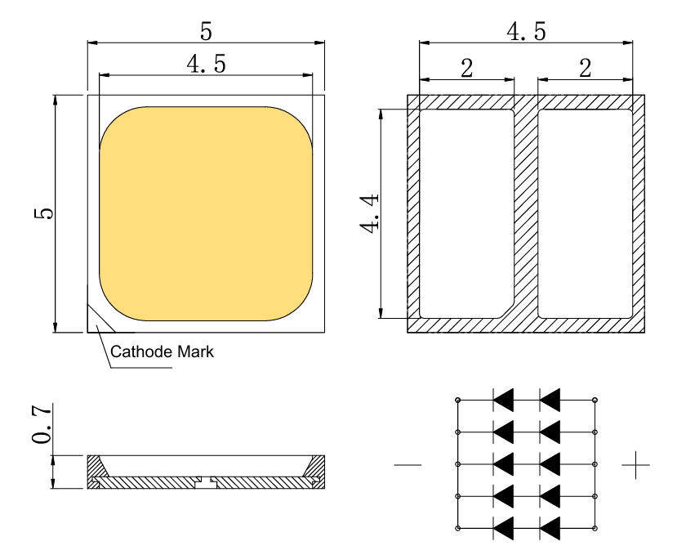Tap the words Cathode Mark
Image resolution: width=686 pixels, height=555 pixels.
162,353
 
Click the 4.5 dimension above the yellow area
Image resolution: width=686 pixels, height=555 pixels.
206,65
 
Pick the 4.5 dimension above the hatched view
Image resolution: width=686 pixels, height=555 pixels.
526,33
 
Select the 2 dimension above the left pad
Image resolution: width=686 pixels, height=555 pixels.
466,68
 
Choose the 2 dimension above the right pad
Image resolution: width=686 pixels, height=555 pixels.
585,68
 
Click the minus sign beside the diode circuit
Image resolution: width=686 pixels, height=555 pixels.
408,466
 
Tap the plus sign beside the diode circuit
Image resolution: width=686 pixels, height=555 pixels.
635,466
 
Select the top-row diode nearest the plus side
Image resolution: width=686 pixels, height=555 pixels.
550,400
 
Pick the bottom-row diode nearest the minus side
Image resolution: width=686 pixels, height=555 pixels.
503,527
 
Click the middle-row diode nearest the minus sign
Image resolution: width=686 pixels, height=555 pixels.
503,463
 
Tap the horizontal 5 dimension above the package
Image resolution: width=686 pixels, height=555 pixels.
206,32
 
